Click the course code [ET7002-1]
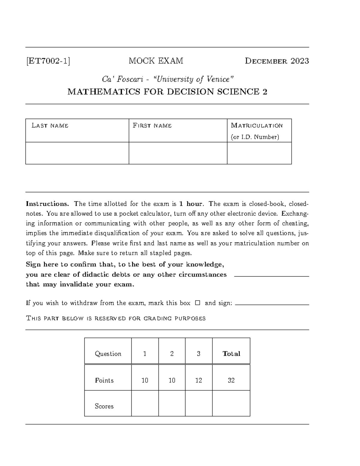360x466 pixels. pos(48,61)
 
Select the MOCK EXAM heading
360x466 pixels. pos(156,61)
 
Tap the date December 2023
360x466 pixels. pos(277,61)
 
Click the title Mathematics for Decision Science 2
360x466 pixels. pos(167,92)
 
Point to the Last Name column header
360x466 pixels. pos(50,126)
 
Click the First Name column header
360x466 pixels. pos(152,126)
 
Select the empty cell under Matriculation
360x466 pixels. pos(259,153)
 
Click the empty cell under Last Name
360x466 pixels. pos(77,153)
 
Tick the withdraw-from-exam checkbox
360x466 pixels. pos(197,303)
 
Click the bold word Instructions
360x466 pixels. pos(47,204)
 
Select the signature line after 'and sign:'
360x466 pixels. pos(272,305)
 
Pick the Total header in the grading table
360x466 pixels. pos(231,354)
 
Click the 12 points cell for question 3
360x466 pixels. pos(199,380)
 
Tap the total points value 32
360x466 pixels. pos(231,380)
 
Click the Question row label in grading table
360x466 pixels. pos(108,354)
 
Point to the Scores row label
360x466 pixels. pos(104,406)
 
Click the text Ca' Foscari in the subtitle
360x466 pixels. pos(115,80)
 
